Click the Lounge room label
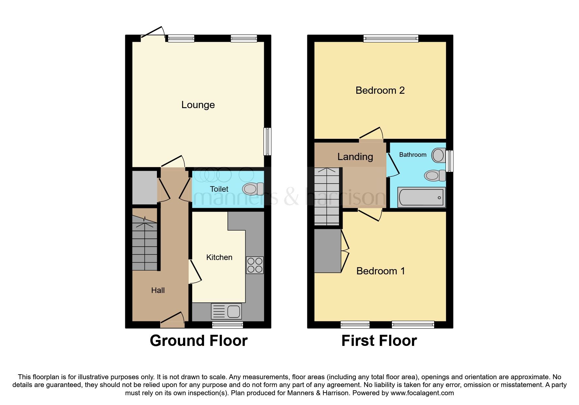tap(198, 105)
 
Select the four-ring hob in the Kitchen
tap(255, 265)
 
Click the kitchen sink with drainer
tap(227, 311)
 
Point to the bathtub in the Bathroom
tap(421, 198)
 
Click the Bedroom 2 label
tap(380, 90)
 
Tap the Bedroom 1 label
tap(380, 271)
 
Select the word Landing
tap(355, 157)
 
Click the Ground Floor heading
tap(198, 341)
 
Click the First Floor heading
tap(379, 341)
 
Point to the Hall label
tap(158, 290)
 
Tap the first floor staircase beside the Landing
tap(327, 196)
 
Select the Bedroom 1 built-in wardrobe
tap(327, 251)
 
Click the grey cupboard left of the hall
tap(145, 188)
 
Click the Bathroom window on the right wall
tap(450, 161)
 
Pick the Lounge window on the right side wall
tap(267, 141)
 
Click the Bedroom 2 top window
tap(391, 39)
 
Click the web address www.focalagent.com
tap(422, 393)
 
